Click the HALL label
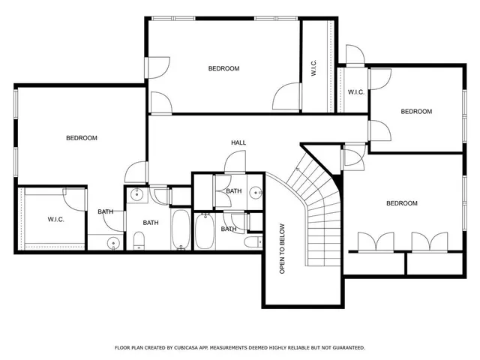coord(238,142)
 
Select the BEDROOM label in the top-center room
coord(223,68)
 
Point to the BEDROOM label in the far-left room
coord(82,138)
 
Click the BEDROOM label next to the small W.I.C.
coord(416,112)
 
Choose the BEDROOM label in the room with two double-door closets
coord(402,203)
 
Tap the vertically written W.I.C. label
coord(313,68)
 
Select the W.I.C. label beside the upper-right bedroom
coord(356,92)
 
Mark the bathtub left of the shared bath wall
coord(181,229)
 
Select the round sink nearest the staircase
coord(255,192)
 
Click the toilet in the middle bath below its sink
coord(138,241)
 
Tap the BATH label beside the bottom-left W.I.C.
coord(105,211)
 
